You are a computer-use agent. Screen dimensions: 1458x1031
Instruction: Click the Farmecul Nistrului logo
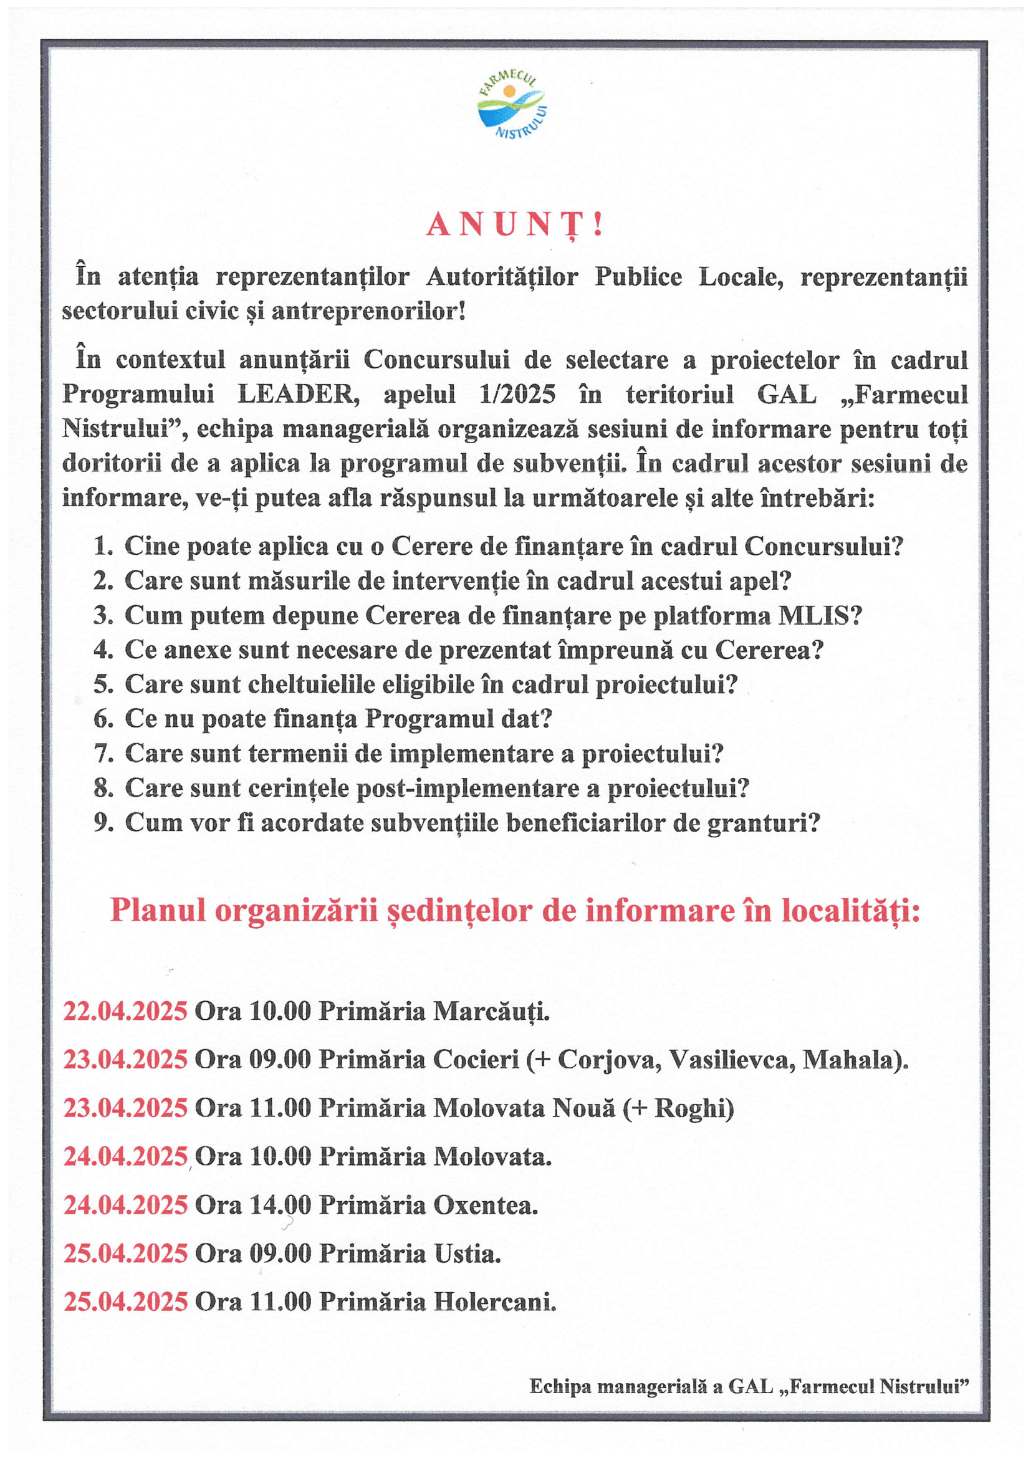[x=512, y=105]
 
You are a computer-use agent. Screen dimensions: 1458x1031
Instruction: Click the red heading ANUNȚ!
[x=514, y=225]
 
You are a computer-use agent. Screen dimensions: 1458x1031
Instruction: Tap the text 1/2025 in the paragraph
[x=517, y=395]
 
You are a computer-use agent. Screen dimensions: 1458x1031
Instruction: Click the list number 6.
[x=103, y=719]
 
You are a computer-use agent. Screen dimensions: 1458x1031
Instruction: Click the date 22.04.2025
[x=125, y=1010]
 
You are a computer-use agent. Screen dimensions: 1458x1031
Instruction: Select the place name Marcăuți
[x=491, y=1010]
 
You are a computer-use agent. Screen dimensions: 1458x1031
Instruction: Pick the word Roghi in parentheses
[x=688, y=1108]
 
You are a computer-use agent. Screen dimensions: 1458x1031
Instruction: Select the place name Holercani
[x=494, y=1302]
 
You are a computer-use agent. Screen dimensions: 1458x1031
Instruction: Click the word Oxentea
[x=485, y=1205]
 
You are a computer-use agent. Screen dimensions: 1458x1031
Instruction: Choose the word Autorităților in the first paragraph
[x=502, y=277]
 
